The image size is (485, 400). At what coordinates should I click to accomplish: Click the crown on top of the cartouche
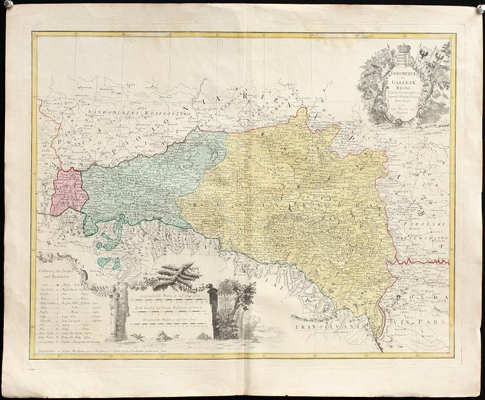[403, 48]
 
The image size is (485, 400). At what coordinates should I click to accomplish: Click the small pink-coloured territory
[69, 191]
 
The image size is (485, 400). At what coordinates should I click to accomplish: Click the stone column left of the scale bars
[118, 313]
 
